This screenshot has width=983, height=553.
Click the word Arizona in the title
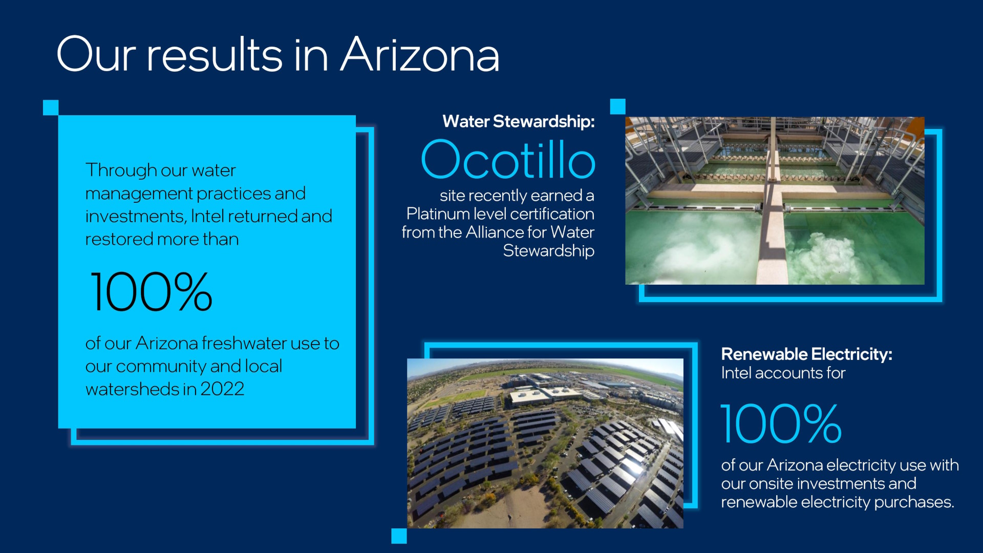coord(420,54)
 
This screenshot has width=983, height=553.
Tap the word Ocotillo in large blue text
coord(508,159)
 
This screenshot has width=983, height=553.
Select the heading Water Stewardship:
coord(519,121)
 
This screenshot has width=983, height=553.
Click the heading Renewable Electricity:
coord(806,354)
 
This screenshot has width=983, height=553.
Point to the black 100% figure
coord(152,291)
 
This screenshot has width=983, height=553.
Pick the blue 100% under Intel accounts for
coord(781,423)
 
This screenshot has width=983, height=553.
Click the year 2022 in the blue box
coord(222,389)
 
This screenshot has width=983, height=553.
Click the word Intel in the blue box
coord(207,216)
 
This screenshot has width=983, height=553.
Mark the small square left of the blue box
coord(51,108)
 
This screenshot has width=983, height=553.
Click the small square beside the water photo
coord(618,107)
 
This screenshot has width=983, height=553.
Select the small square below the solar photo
coord(399,536)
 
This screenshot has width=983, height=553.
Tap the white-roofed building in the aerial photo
coord(538,394)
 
